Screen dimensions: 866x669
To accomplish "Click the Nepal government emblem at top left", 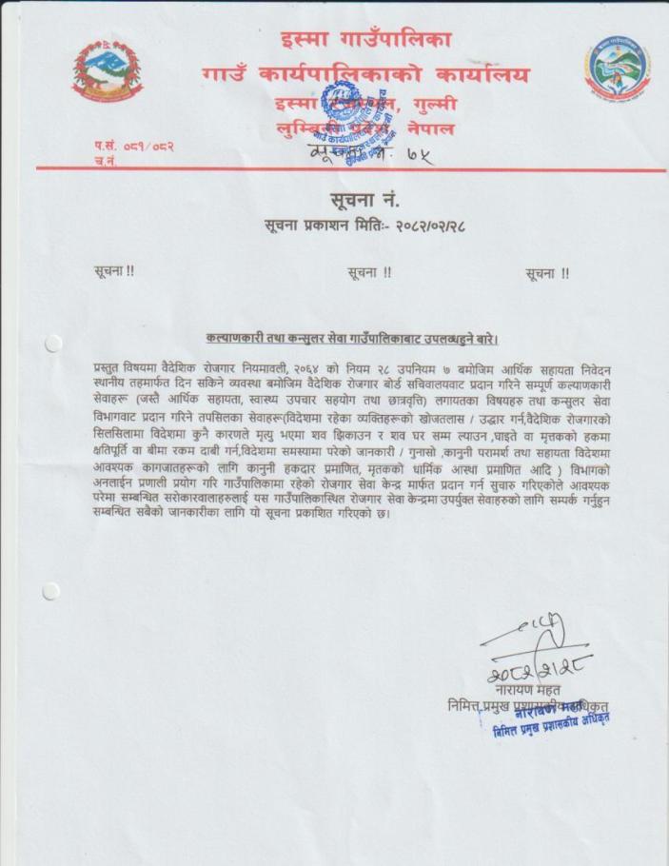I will (109, 69).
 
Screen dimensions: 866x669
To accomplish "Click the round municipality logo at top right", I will (617, 70).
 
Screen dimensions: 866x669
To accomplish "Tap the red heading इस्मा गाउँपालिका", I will (365, 40).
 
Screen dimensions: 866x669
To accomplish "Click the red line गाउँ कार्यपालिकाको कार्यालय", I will (364, 73).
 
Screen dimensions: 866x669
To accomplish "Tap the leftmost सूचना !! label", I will (114, 271).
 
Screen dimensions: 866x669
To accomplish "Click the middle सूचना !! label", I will (370, 272).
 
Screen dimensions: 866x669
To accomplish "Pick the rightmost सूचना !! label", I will (547, 273).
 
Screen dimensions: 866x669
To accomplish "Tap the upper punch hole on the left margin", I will (52, 343).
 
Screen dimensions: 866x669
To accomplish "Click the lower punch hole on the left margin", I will (51, 591).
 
